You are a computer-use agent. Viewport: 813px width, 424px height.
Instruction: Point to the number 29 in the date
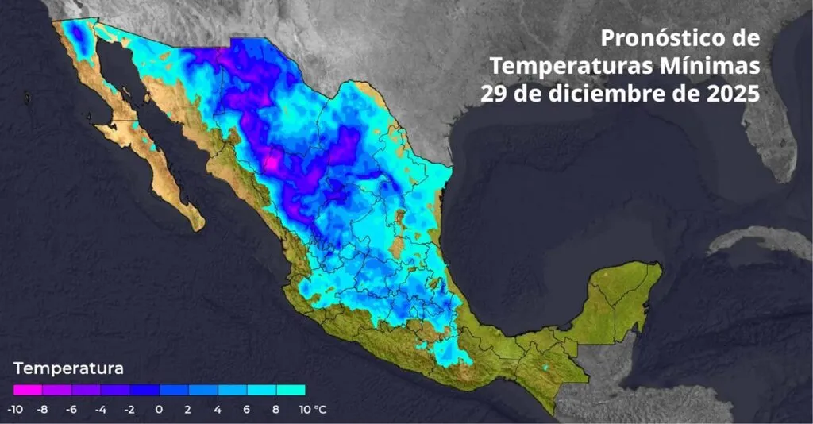(x=494, y=92)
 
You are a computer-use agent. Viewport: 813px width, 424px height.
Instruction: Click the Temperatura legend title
(x=68, y=368)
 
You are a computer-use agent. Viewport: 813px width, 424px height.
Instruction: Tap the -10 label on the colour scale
(x=14, y=410)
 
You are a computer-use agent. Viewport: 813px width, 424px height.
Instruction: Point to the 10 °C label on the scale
(x=312, y=410)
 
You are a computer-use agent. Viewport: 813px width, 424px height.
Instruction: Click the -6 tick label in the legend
(x=72, y=410)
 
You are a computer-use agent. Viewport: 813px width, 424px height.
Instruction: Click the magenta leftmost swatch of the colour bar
(x=28, y=390)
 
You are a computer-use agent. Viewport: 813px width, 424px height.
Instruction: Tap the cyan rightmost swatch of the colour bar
(x=291, y=390)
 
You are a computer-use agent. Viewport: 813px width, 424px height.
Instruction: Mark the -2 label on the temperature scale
(x=130, y=410)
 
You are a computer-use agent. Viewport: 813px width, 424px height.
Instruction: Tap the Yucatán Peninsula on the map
(x=627, y=298)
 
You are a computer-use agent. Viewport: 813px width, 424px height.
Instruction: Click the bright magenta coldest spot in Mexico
(x=271, y=163)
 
